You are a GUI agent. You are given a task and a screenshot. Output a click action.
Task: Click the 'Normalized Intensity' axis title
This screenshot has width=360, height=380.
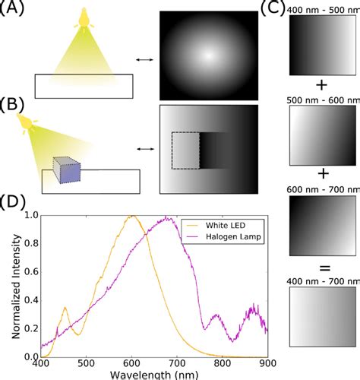click(10, 285)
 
